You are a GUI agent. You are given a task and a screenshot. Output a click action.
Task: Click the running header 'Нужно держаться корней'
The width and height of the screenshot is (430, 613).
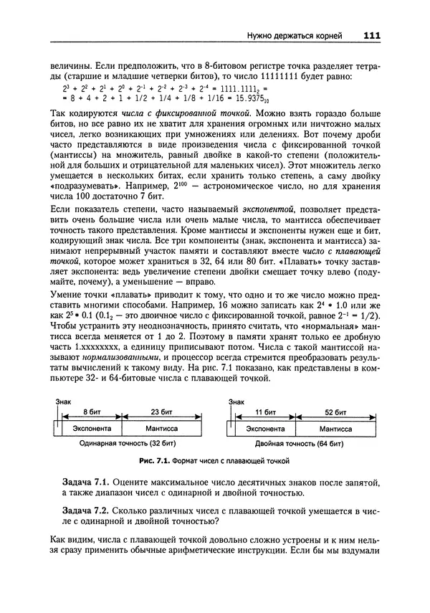[301, 34]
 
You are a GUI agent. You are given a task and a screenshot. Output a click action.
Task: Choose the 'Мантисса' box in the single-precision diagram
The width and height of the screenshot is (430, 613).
[161, 428]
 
